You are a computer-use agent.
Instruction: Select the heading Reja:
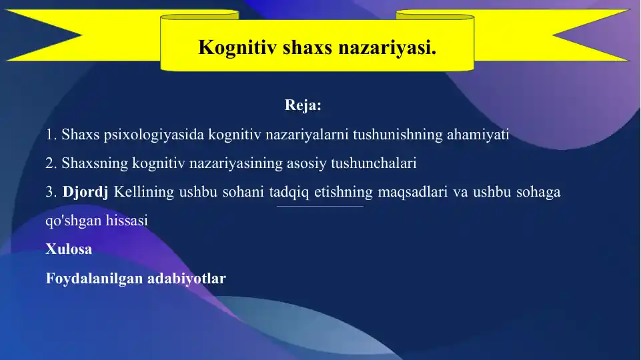click(303, 105)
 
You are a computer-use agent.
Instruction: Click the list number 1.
click(51, 135)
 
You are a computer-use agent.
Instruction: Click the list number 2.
click(51, 163)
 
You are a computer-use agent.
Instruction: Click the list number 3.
click(51, 193)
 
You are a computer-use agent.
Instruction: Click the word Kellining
click(143, 193)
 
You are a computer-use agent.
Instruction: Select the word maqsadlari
click(414, 193)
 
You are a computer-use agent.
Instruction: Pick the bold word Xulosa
click(69, 249)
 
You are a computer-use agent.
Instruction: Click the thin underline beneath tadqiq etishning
click(320, 206)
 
